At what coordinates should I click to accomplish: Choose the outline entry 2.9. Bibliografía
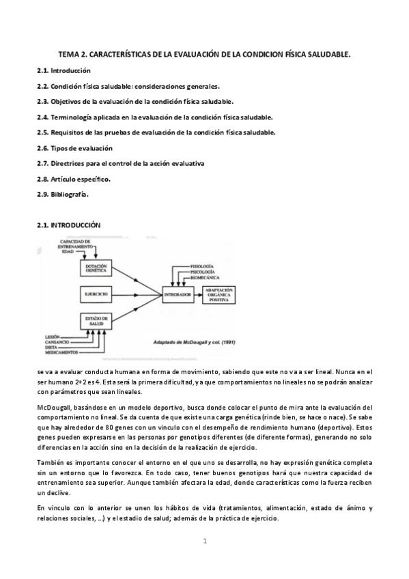click(x=63, y=194)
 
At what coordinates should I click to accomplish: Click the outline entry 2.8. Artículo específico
click(x=73, y=179)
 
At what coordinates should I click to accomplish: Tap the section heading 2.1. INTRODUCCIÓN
click(x=68, y=225)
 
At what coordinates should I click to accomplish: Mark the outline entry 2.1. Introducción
click(x=64, y=71)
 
